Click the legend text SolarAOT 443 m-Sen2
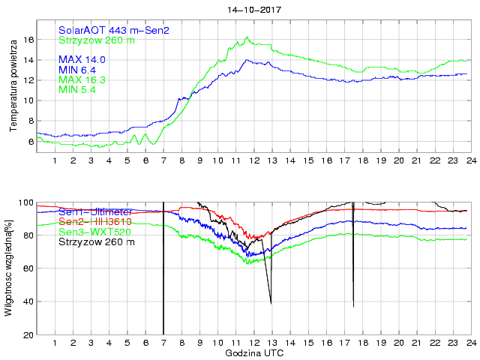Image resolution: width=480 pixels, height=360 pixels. click(114, 31)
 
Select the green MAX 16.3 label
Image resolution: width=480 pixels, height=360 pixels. click(82, 79)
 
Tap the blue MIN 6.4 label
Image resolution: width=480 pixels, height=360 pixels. click(77, 70)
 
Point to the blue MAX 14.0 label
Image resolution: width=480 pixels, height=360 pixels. click(82, 59)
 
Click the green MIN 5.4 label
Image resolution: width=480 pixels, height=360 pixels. click(77, 90)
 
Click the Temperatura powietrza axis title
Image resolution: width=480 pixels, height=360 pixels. click(13, 87)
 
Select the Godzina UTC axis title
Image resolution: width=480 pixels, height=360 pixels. click(253, 352)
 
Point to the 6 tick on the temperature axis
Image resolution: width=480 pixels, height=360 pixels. click(31, 141)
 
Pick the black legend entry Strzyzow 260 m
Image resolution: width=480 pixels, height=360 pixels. click(97, 241)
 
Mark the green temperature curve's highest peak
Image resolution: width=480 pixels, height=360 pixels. click(246, 37)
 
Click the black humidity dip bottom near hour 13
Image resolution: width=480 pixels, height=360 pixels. click(271, 303)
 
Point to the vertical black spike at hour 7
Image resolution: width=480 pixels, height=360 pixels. click(163, 270)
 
